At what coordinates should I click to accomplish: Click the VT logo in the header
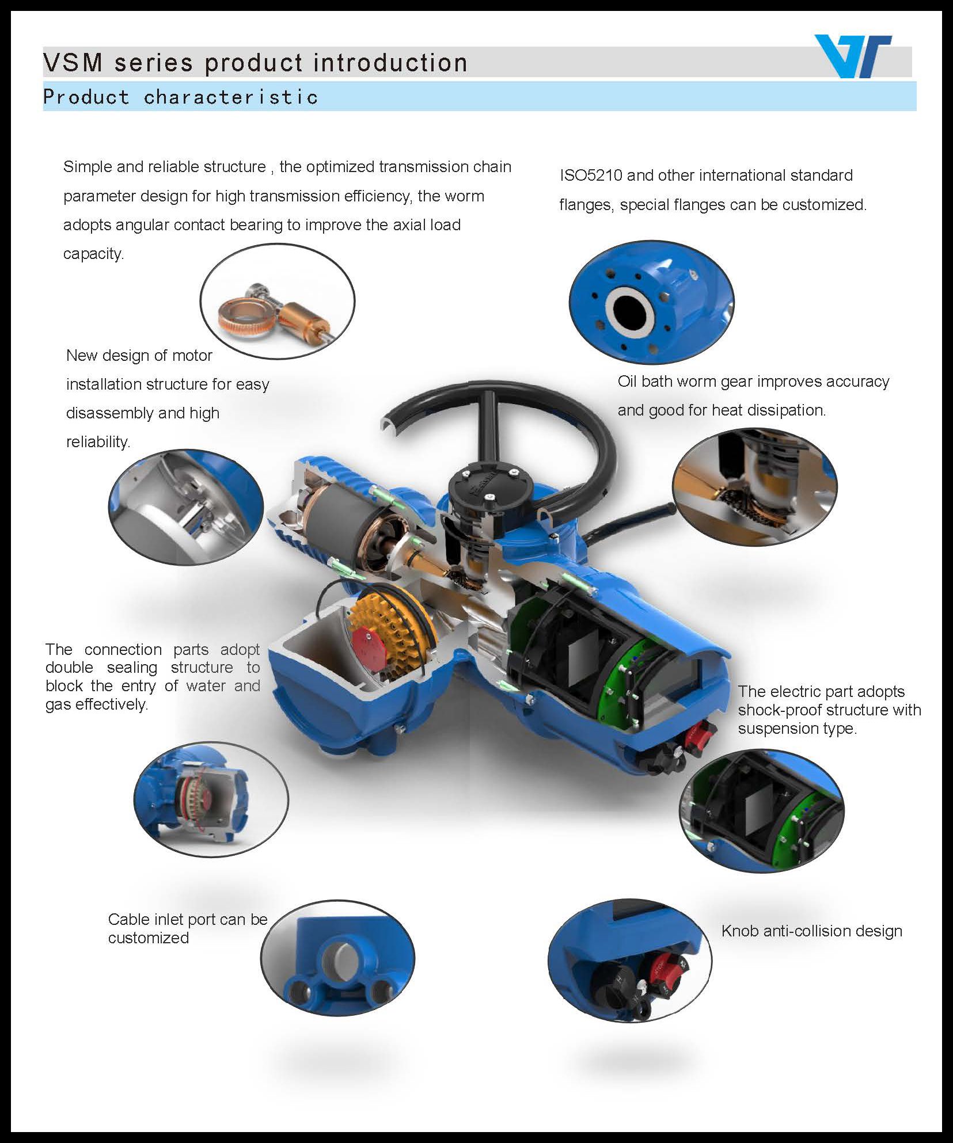(853, 56)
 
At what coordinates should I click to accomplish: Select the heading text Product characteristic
(180, 97)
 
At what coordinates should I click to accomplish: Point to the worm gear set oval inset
(278, 301)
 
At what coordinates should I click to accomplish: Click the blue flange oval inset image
(652, 302)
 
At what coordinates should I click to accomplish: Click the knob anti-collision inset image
(630, 960)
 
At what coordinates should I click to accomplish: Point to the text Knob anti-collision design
(812, 931)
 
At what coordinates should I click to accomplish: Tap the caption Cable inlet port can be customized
(188, 928)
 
